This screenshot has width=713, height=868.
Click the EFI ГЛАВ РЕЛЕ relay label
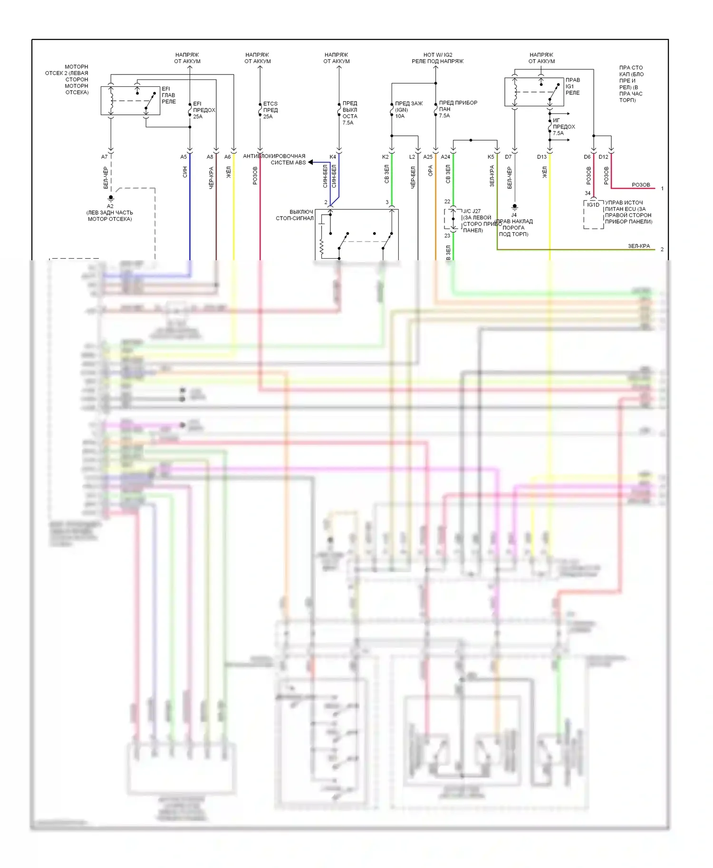(168, 95)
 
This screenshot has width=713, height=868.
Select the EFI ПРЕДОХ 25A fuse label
(204, 110)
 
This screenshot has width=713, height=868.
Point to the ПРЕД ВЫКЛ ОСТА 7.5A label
(349, 113)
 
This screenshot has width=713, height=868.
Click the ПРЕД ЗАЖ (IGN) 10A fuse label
(408, 110)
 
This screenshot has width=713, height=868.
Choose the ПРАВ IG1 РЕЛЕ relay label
(572, 86)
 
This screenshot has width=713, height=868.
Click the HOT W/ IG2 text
(437, 55)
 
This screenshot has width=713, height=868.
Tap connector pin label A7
(105, 157)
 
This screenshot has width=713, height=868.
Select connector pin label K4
(333, 157)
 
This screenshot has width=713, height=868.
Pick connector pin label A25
(428, 157)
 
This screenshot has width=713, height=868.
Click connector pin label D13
(542, 157)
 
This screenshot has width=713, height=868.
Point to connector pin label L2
(412, 157)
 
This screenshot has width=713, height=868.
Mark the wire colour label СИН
(185, 172)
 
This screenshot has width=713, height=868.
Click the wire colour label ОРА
(430, 171)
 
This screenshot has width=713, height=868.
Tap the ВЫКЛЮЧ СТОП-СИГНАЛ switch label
(295, 215)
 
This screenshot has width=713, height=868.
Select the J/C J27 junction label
(472, 211)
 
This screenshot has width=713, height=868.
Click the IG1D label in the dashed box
(593, 205)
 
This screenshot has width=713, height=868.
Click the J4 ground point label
(514, 215)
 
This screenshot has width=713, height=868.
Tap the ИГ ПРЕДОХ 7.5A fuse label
(563, 127)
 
